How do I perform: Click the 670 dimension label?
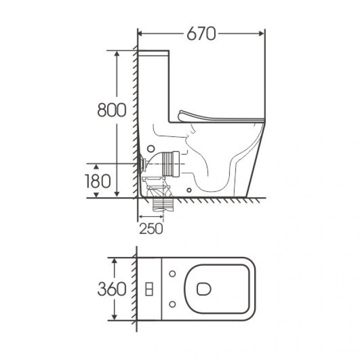tap(201, 34)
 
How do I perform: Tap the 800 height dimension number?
tap(112, 110)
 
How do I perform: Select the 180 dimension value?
tap(98, 181)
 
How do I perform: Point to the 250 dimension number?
tap(151, 229)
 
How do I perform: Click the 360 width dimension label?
tap(112, 289)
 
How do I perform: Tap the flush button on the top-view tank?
tap(149, 289)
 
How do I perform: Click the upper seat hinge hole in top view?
tap(172, 274)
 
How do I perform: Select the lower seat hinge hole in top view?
tap(172, 304)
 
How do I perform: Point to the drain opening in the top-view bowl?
tap(204, 289)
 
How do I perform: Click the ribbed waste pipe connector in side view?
tap(171, 164)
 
